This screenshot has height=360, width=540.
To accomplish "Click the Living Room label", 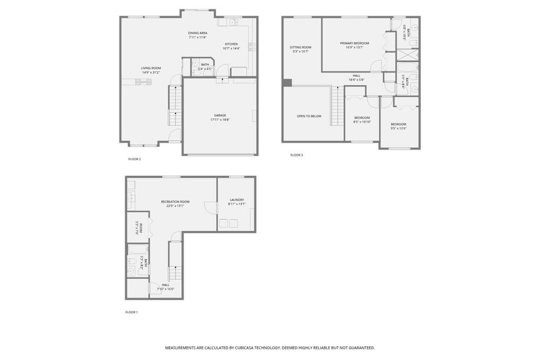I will click(150, 68).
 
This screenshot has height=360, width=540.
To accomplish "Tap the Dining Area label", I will click(198, 33).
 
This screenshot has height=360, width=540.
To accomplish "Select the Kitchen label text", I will click(231, 44).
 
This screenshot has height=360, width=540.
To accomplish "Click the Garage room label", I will click(220, 115).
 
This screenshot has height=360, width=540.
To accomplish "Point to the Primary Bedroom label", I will click(355, 43).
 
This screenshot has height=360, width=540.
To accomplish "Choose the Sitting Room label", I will click(301, 47).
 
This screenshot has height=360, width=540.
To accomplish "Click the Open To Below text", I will click(309, 116).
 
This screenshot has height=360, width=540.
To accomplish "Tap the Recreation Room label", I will click(175, 202).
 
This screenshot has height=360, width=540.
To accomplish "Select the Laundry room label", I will click(236, 200).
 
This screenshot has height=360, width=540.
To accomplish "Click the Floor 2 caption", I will click(135, 159).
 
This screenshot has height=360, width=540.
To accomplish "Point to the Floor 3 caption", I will click(296, 155).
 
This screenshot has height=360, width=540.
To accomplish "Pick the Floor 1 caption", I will click(132, 312).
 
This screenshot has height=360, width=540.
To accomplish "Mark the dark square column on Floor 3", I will click(287, 82).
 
